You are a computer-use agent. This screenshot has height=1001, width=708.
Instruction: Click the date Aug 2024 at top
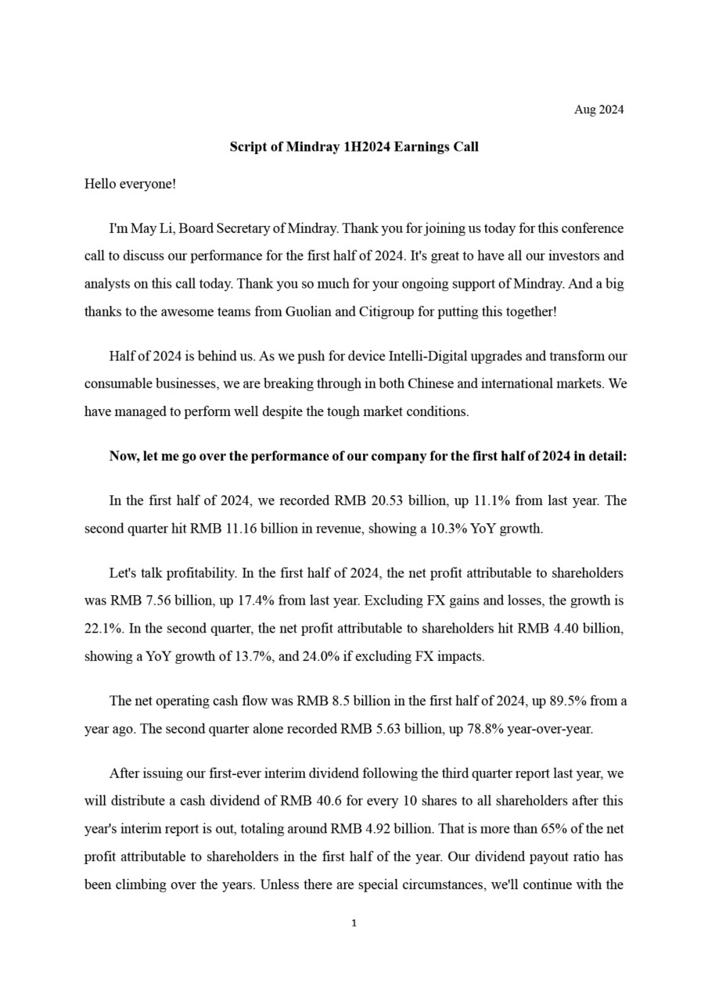[x=598, y=109]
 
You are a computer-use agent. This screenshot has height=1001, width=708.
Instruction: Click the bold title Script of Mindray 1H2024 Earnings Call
[x=354, y=147]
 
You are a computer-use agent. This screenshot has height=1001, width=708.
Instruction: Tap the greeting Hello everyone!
[x=130, y=184]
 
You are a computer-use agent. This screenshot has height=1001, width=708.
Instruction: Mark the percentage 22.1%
[x=101, y=629]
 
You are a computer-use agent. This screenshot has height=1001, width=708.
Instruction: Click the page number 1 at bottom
[x=354, y=924]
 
